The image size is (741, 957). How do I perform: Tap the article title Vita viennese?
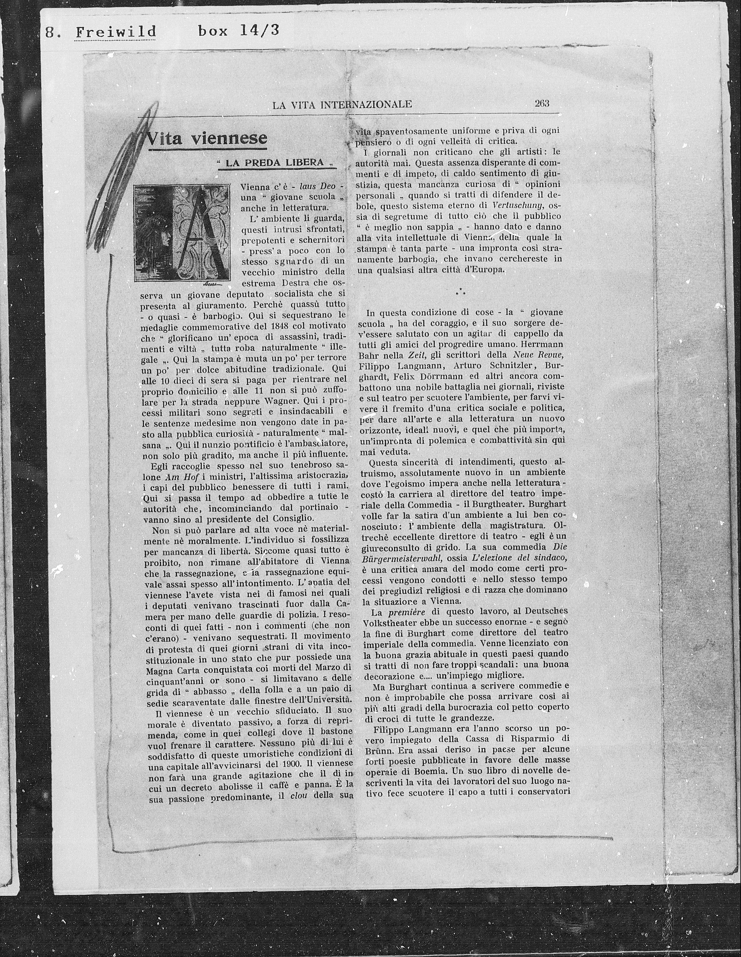(x=206, y=138)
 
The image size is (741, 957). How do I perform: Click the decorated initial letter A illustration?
(x=182, y=232)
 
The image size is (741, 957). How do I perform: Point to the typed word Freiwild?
(x=116, y=32)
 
